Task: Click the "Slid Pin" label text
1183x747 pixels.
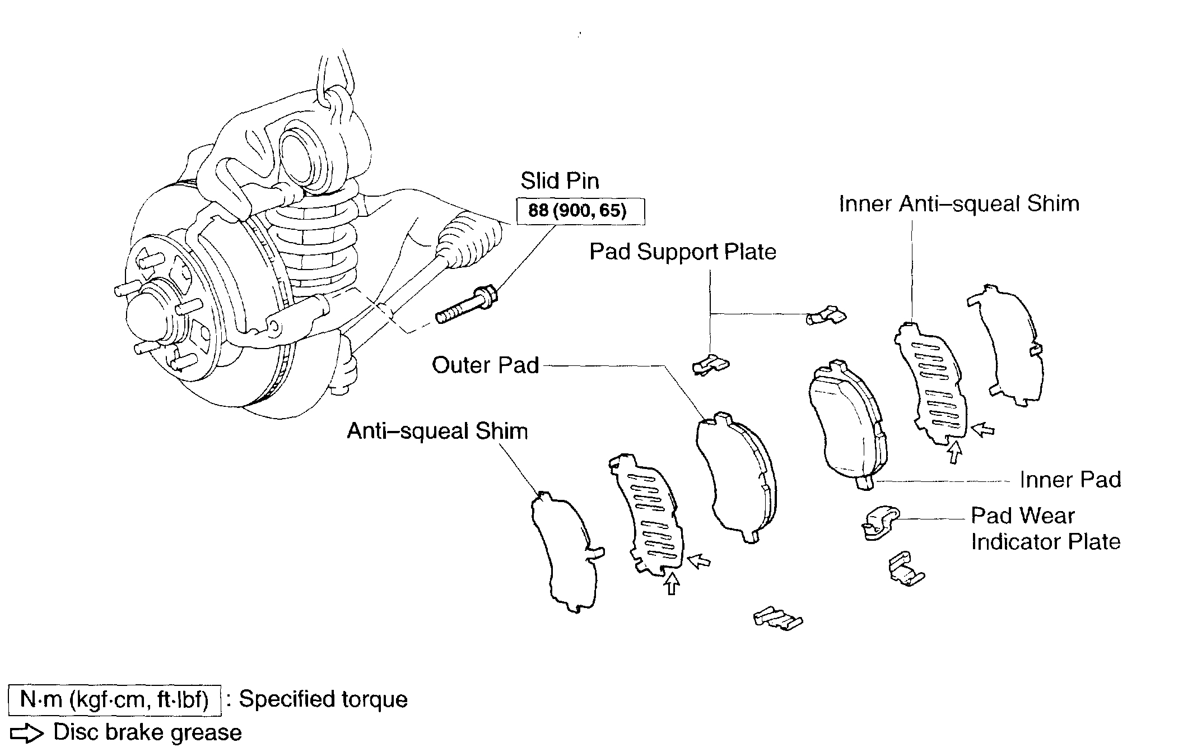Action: pos(560,181)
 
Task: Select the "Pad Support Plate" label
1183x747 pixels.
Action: pos(683,252)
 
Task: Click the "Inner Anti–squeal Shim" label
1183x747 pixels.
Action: pos(959,203)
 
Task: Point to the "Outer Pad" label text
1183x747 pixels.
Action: pos(485,365)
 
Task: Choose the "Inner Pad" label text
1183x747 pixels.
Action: pos(1070,480)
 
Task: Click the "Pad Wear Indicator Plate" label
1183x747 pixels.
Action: pos(1045,528)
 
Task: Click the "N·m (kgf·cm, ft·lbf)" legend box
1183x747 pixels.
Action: pos(114,700)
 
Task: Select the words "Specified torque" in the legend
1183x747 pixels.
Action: pos(323,699)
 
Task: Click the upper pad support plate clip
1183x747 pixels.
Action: pos(826,316)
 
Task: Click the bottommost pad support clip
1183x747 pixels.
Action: pos(777,619)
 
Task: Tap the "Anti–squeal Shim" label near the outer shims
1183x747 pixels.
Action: pos(437,431)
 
